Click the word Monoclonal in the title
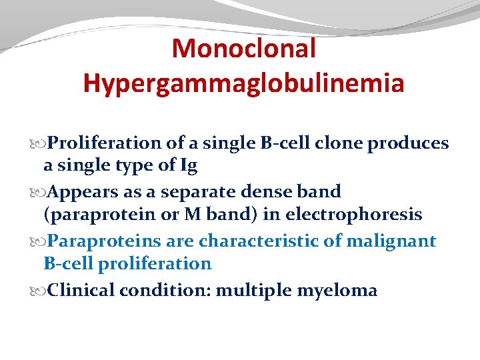click(x=243, y=48)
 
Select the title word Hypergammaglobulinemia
click(x=243, y=83)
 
